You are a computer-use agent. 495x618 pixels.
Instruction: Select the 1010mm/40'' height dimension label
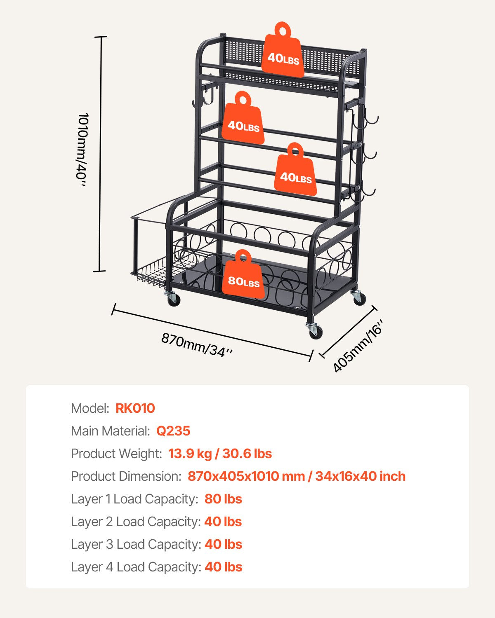pos(82,150)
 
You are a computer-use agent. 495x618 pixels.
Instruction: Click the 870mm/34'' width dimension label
pos(197,344)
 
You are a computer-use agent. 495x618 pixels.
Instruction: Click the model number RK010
pos(135,408)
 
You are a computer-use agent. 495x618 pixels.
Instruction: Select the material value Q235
pos(173,431)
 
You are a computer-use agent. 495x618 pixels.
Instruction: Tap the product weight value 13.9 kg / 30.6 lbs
pos(220,454)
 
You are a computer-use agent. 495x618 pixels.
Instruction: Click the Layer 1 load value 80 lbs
pos(223,499)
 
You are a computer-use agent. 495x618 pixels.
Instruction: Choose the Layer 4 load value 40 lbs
pos(223,567)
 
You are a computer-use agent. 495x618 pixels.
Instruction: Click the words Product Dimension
pos(126,476)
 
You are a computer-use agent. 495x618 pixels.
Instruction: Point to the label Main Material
pos(110,431)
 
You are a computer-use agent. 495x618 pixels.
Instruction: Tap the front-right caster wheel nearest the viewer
pos(314,331)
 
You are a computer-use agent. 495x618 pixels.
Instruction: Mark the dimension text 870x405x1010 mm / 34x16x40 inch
pos(296,476)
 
